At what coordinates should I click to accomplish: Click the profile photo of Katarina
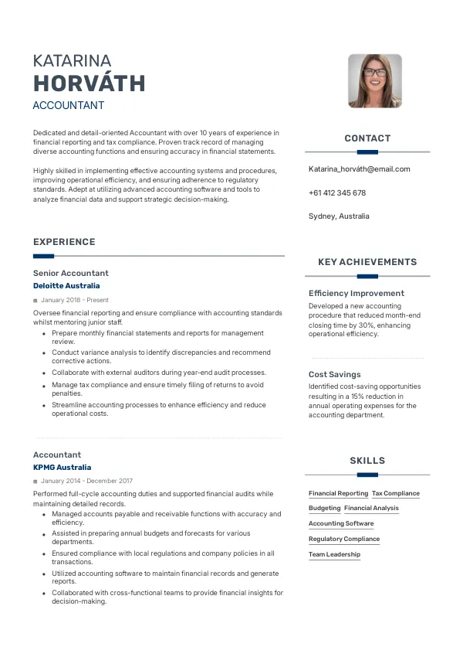click(x=375, y=80)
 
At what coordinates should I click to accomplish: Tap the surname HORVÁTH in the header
click(x=89, y=83)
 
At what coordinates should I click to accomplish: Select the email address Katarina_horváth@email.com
click(x=359, y=169)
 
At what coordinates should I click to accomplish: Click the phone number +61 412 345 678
click(x=337, y=192)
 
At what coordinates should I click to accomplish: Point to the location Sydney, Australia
click(x=339, y=216)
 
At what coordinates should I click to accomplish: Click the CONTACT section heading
click(x=367, y=138)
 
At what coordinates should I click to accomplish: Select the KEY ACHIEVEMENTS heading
click(x=367, y=262)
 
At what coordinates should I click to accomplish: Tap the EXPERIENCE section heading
click(x=64, y=242)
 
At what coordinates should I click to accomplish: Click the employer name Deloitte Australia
click(x=66, y=286)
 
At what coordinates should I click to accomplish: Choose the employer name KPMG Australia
click(x=62, y=468)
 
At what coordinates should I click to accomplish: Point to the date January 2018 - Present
click(x=75, y=300)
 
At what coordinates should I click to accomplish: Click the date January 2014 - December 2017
click(x=86, y=481)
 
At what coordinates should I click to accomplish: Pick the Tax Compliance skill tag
click(x=396, y=493)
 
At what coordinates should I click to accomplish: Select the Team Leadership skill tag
click(x=334, y=554)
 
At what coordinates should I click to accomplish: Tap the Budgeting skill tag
click(x=324, y=509)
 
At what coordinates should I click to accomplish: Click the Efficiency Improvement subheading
click(x=357, y=294)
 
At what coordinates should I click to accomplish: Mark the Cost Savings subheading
click(x=334, y=375)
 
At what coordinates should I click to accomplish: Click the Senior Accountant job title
click(x=71, y=273)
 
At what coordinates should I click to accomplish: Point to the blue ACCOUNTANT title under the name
click(x=69, y=106)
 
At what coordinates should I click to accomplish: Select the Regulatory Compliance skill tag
click(x=344, y=539)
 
